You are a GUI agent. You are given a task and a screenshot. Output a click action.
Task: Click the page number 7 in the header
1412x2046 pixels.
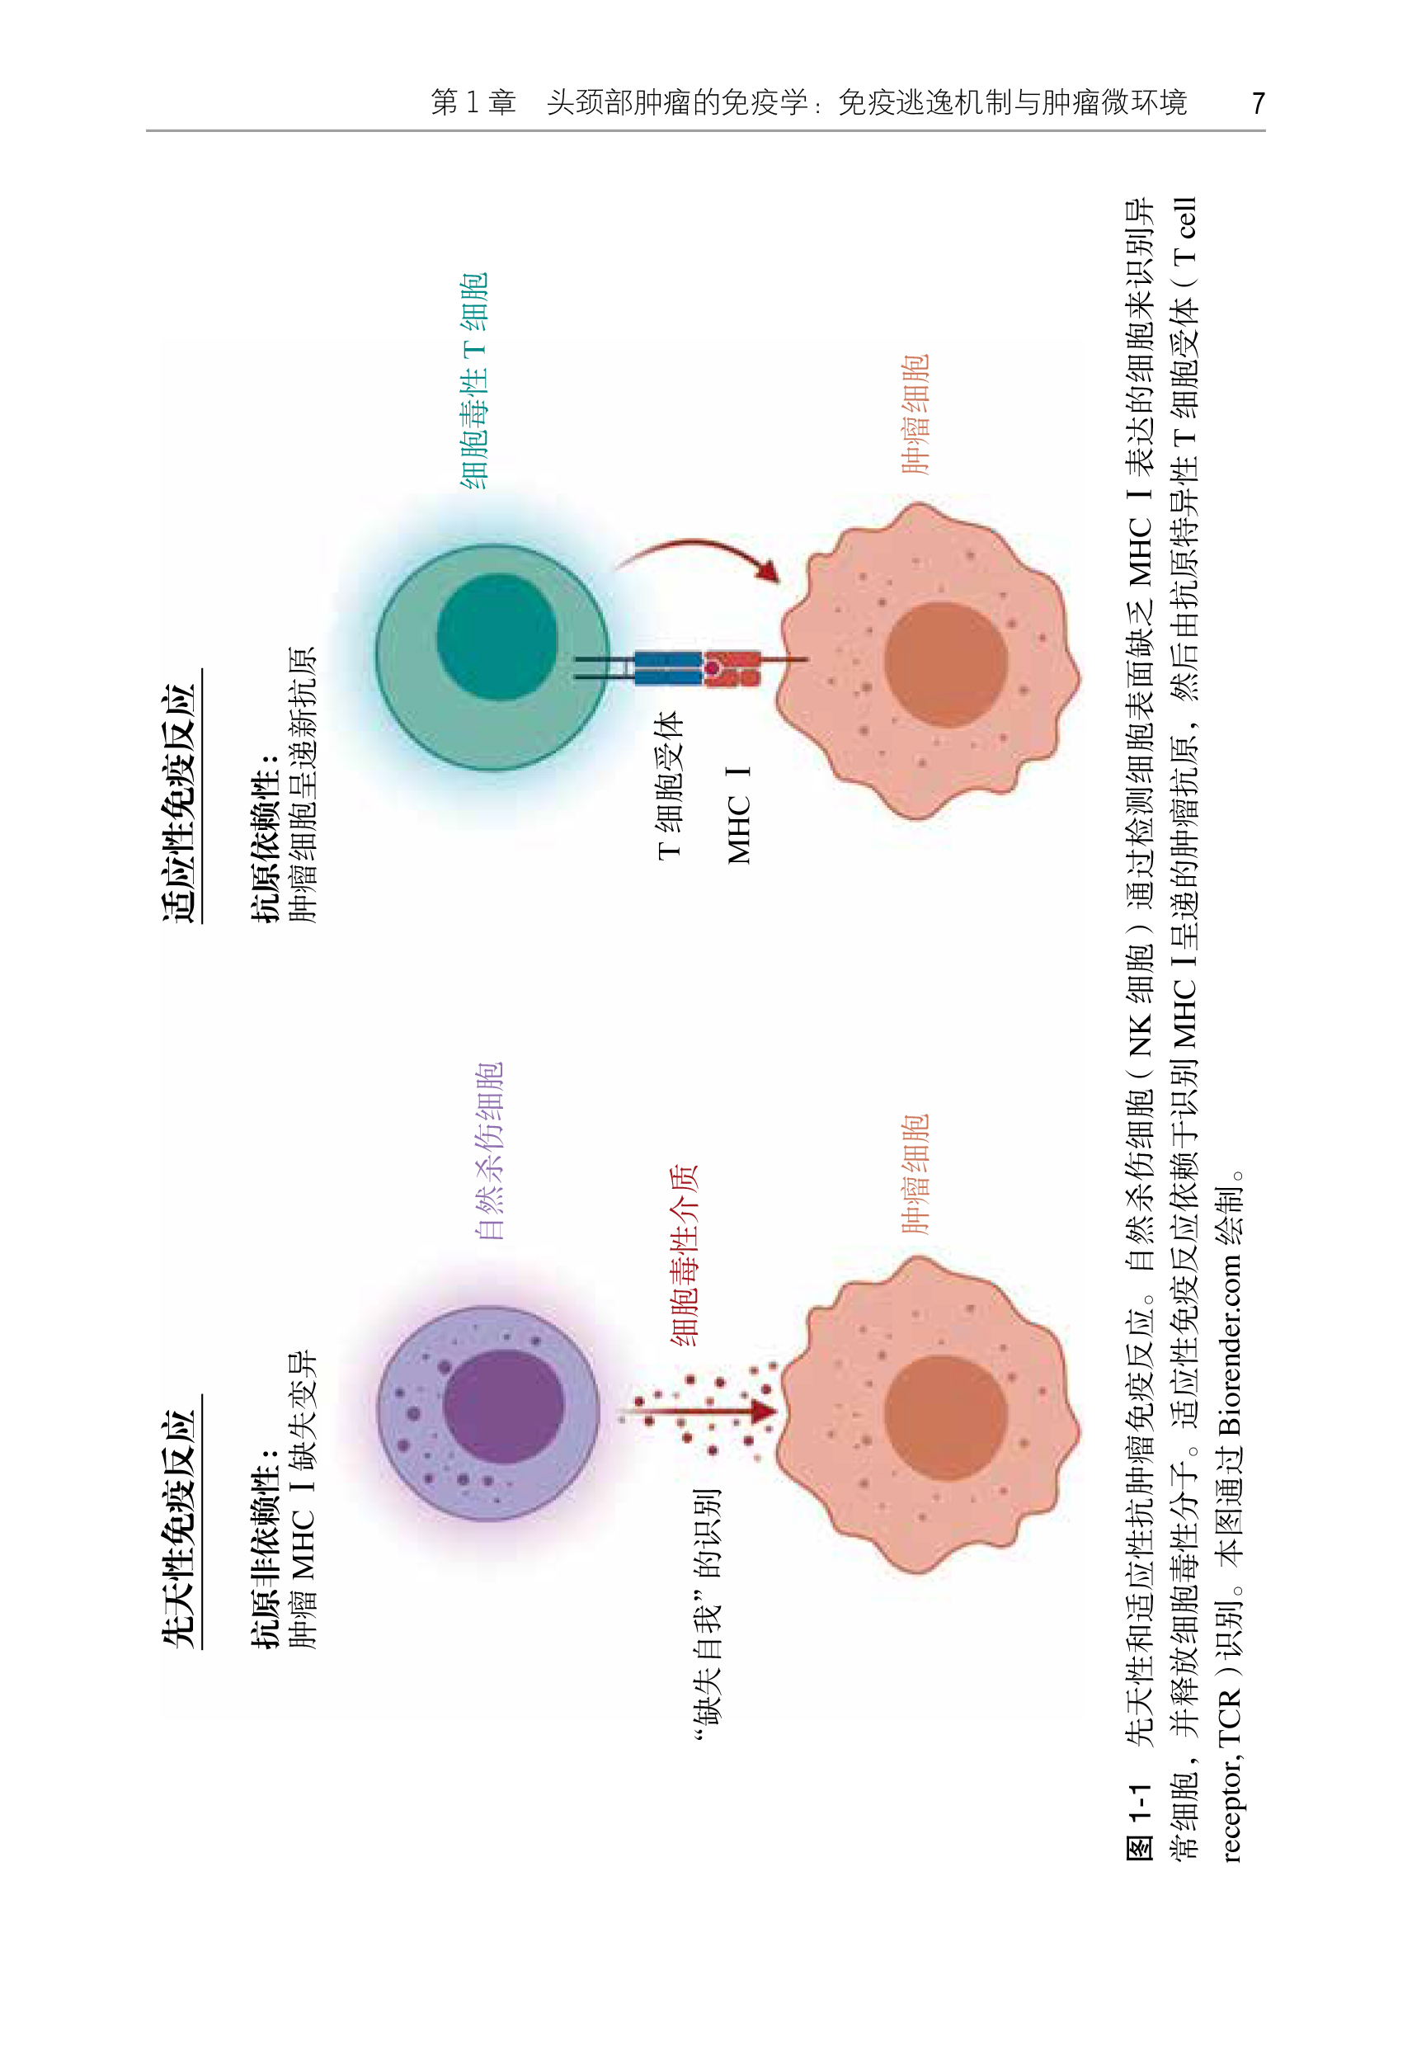1257,104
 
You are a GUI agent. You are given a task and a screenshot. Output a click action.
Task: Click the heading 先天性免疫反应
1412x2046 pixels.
179,1527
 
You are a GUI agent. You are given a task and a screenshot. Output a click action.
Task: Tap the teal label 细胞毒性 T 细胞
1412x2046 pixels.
474,380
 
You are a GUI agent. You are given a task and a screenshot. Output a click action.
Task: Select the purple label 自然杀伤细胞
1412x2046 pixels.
489,1150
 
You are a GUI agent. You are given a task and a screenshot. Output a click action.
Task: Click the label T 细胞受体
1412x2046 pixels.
670,783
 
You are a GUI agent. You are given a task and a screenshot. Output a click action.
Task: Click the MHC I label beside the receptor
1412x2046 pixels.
739,814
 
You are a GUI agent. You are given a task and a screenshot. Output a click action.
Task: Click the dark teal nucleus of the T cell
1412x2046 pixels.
497,636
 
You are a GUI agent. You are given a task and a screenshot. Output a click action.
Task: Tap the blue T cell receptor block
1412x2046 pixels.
668,668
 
